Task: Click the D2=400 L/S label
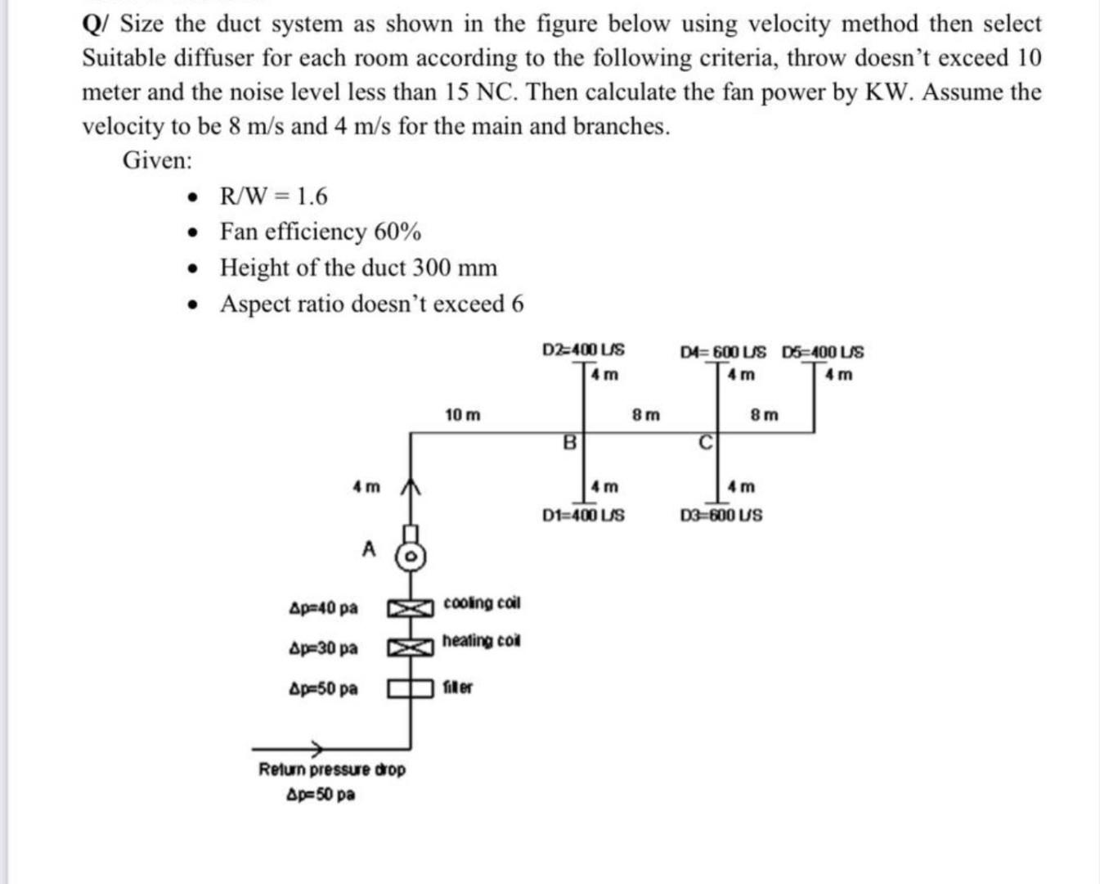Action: coord(583,350)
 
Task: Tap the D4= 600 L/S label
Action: coord(723,352)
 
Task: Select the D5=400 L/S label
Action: coord(822,352)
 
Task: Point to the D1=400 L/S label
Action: coord(583,516)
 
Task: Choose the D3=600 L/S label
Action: coord(721,516)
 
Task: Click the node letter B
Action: coord(569,443)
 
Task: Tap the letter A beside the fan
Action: coord(370,548)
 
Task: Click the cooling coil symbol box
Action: coord(410,608)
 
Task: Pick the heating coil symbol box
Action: coord(410,647)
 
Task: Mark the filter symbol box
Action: coord(410,688)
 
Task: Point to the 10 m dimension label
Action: coord(463,415)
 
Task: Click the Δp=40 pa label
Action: coord(324,608)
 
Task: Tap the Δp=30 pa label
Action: coord(324,648)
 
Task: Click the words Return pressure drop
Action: coord(331,769)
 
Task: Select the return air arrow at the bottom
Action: coord(315,747)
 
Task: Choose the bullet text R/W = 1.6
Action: coord(273,196)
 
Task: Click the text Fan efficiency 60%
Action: coord(321,232)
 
